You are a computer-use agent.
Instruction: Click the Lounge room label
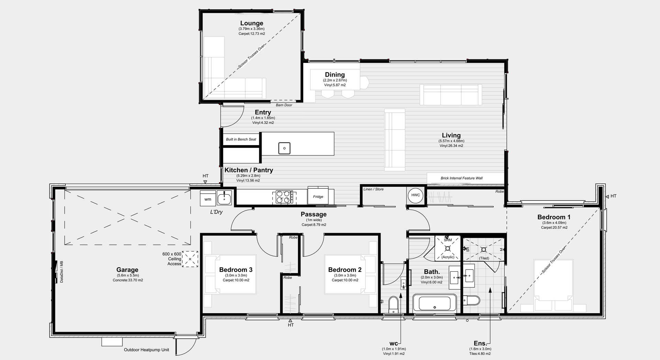252,23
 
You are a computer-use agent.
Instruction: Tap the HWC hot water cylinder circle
416,195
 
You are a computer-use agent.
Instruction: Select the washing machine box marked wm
208,199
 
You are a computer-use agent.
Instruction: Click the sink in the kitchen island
284,148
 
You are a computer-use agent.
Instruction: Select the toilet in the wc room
394,305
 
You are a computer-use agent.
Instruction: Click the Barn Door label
284,105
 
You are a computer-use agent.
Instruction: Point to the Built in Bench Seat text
241,139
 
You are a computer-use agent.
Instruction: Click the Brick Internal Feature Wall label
462,178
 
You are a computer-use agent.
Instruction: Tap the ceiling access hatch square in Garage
190,259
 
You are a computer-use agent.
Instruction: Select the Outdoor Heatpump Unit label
146,350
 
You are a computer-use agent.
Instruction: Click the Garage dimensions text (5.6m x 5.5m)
127,275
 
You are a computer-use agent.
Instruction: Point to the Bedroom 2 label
345,270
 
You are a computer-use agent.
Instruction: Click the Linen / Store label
373,189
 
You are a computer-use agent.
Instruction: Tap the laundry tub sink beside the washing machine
224,198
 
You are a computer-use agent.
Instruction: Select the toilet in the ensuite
471,300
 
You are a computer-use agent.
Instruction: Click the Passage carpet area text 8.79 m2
314,225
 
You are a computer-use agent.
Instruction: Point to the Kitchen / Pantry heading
249,170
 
